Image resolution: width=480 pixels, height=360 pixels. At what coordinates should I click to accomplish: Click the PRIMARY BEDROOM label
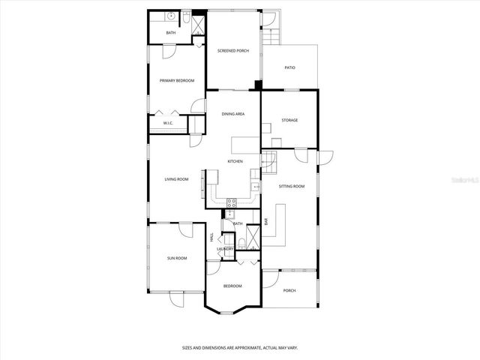pos(177,80)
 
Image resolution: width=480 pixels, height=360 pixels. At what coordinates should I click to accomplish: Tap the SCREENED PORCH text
pos(233,50)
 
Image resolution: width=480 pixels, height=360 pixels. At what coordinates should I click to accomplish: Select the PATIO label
pos(289,67)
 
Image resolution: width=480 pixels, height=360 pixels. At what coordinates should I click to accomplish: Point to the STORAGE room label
pos(289,120)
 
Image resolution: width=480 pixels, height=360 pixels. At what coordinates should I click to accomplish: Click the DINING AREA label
pos(233,114)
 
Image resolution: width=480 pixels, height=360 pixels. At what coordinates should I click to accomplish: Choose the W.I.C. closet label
pos(169,122)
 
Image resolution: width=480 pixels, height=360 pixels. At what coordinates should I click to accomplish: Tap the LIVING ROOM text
pos(177,179)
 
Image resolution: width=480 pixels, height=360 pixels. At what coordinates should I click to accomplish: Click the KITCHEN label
pos(235,161)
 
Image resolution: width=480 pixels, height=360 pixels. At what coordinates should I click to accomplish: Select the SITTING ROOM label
pos(292,185)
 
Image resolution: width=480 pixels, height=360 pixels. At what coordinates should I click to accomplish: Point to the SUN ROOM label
pos(177,258)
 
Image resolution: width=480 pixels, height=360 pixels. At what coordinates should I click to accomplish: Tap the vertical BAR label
pos(266,221)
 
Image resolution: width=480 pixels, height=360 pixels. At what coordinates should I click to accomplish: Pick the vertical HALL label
pos(211,237)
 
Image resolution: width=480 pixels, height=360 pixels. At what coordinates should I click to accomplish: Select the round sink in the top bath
pos(171,15)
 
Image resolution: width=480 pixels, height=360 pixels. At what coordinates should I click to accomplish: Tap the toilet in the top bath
pos(185,16)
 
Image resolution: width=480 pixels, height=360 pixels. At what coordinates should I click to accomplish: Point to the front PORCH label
pos(289,291)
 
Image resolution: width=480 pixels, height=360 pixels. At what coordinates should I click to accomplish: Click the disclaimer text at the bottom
pos(240,347)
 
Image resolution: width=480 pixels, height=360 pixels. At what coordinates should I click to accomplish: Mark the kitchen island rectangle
pos(244,144)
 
